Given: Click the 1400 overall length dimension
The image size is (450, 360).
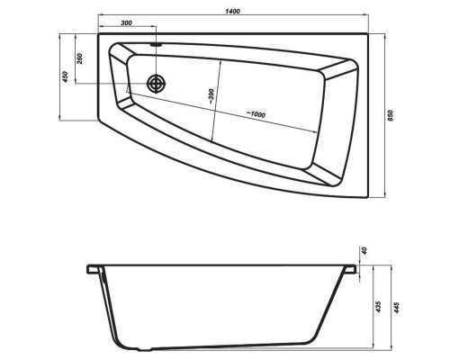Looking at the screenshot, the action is (x=232, y=11).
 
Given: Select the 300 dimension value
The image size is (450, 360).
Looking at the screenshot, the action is (x=126, y=22).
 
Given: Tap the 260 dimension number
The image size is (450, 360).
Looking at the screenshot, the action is (x=80, y=58).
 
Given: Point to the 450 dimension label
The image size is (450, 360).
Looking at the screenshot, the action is (x=65, y=76).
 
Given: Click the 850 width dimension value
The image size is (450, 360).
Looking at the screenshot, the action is (x=390, y=115).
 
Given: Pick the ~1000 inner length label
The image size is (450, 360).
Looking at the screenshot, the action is (x=256, y=114).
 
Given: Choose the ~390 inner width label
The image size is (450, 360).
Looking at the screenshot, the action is (x=211, y=96).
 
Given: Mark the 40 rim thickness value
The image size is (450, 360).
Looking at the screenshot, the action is (x=364, y=250).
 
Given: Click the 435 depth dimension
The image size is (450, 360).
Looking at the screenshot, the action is (x=378, y=307).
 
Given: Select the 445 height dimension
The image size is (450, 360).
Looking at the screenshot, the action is (x=397, y=308).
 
